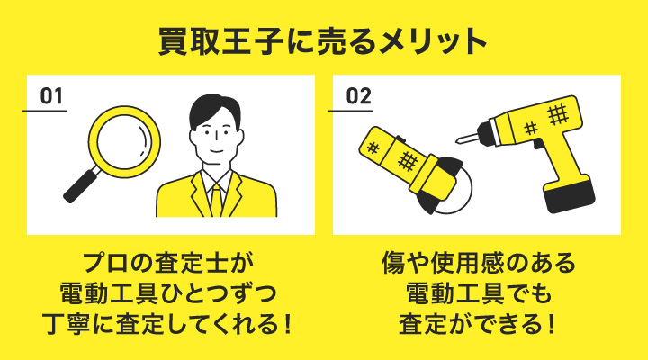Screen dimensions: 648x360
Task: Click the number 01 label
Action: point(51,96)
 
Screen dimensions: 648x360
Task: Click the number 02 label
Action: point(358,96)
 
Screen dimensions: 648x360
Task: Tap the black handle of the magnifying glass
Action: point(82,184)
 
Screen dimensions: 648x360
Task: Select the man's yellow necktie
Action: point(217,200)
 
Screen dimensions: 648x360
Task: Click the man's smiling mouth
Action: point(216,151)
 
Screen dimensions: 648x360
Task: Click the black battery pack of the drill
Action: point(570,196)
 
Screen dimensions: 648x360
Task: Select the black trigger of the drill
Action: point(538,144)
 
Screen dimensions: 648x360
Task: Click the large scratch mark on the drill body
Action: point(557,114)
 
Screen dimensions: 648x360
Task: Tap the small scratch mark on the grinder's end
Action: point(373,148)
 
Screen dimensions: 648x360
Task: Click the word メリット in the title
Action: point(432,40)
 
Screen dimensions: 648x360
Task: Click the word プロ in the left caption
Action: point(105,263)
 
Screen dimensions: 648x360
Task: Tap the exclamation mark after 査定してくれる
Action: point(288,324)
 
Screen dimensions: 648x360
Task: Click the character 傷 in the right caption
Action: point(393,263)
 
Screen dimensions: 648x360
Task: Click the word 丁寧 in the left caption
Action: point(66,324)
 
